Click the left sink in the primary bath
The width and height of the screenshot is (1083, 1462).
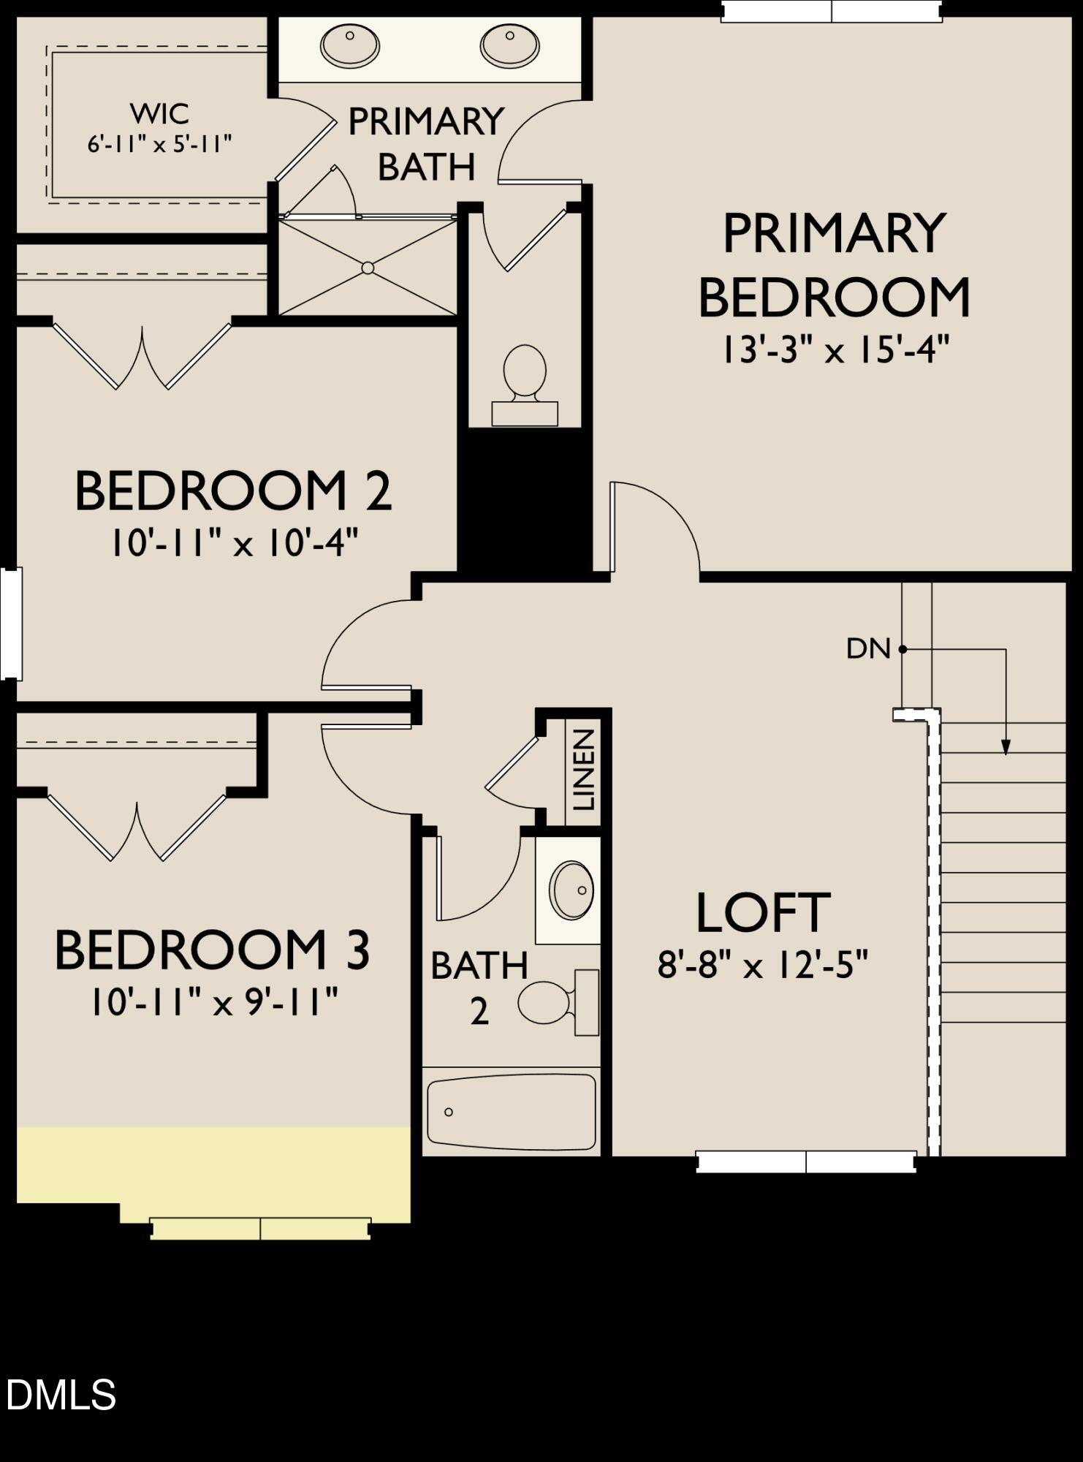349,46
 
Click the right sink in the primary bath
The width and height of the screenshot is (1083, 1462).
509,46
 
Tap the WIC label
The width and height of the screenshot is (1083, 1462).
160,113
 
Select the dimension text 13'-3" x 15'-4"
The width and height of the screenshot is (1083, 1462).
835,350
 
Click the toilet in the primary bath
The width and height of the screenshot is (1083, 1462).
525,384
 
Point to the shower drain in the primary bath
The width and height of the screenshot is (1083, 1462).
368,268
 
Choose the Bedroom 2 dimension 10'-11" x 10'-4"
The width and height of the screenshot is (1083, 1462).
234,544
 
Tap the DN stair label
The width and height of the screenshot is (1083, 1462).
868,648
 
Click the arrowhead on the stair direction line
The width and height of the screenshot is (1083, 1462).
1006,747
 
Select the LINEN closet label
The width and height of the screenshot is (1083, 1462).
584,770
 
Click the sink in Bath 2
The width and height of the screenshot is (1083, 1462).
572,890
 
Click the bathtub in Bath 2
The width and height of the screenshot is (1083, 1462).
512,1112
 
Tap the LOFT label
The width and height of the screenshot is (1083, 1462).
762,913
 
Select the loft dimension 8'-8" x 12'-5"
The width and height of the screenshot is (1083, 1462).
762,966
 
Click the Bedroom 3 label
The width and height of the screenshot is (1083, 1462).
213,950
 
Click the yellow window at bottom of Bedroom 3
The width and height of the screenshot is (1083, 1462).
260,1228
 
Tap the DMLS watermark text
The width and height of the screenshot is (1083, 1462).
61,1395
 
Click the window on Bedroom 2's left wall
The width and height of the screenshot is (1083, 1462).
10,623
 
